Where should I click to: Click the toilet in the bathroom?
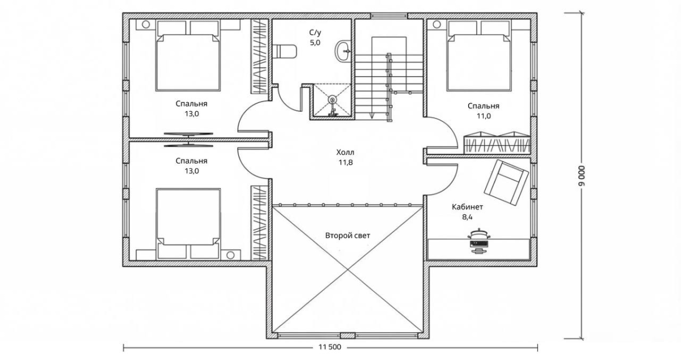(284, 51)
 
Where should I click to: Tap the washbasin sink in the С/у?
(343, 52)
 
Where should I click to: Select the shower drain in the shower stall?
(333, 99)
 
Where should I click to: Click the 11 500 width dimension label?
(330, 347)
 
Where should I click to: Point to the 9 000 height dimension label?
(581, 176)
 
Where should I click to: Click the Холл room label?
(346, 152)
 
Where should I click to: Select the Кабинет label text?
(467, 207)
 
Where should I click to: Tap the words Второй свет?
(347, 236)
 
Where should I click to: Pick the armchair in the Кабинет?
(506, 183)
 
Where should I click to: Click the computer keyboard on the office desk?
(479, 244)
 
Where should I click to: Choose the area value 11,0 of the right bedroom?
(484, 116)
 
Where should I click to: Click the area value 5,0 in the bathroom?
(316, 43)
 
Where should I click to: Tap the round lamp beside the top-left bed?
(146, 24)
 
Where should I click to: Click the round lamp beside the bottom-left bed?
(230, 255)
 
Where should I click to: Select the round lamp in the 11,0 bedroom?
(437, 24)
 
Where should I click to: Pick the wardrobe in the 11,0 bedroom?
(497, 143)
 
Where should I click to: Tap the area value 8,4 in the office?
(467, 217)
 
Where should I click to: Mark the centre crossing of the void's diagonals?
(348, 269)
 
